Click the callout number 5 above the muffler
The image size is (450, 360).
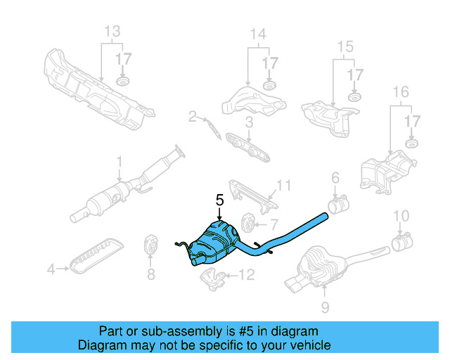pyautogui.click(x=220, y=200)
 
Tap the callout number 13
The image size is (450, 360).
pyautogui.click(x=112, y=32)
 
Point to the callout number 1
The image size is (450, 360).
pyautogui.click(x=119, y=161)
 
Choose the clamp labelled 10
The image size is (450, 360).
pyautogui.click(x=401, y=243)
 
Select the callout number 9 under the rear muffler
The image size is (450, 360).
pyautogui.click(x=325, y=307)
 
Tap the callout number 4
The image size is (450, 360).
pyautogui.click(x=50, y=269)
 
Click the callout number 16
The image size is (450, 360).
pyautogui.click(x=400, y=92)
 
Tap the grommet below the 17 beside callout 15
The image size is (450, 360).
pyautogui.click(x=354, y=95)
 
